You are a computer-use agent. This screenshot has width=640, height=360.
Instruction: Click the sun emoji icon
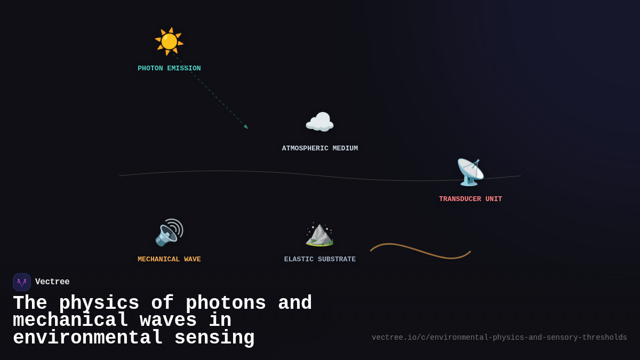tap(169, 41)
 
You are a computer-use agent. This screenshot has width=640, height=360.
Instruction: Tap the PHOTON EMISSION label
tap(169, 68)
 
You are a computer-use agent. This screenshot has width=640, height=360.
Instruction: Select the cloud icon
tap(319, 123)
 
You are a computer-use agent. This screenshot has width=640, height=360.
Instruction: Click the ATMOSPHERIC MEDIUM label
tap(320, 148)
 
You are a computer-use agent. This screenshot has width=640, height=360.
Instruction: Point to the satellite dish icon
tap(470, 172)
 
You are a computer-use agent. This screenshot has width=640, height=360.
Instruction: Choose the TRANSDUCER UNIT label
tap(470, 199)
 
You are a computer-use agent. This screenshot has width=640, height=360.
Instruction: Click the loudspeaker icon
tap(169, 233)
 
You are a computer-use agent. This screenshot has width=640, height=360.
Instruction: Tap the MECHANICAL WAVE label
tap(169, 259)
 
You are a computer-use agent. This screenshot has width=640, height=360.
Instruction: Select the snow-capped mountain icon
tap(319, 234)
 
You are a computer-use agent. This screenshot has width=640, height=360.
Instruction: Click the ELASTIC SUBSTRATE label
tap(320, 259)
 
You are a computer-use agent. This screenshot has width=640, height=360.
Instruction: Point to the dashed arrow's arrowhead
tap(246, 127)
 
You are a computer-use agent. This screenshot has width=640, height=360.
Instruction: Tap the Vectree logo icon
tap(22, 282)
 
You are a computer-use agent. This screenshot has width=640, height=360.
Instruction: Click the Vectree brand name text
tap(52, 282)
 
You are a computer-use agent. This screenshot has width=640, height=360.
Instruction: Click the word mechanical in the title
tap(70, 321)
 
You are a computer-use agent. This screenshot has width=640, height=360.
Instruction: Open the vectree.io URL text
tap(499, 338)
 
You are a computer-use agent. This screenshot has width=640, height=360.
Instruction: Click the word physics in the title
tap(99, 303)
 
